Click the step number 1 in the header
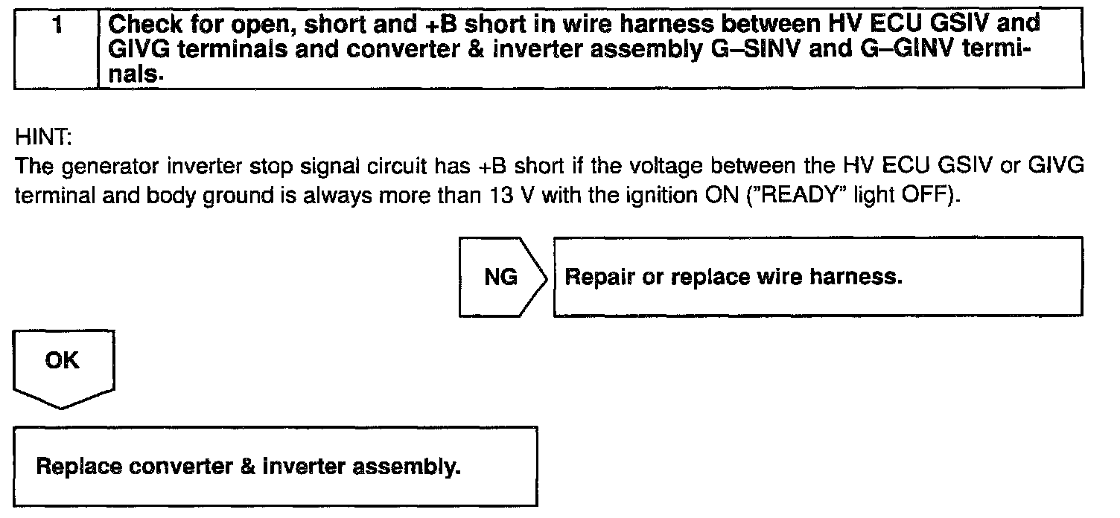pyautogui.click(x=57, y=24)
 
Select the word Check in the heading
pyautogui.click(x=143, y=24)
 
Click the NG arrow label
pyautogui.click(x=501, y=277)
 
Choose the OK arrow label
pyautogui.click(x=62, y=361)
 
